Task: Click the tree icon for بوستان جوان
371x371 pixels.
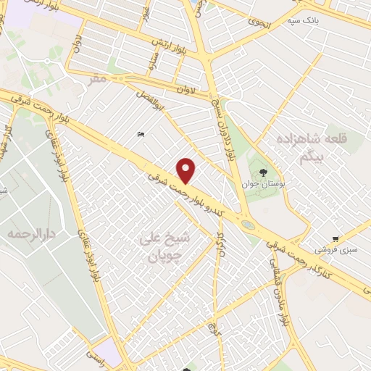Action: (x=262, y=172)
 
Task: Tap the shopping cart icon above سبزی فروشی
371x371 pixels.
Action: (x=335, y=238)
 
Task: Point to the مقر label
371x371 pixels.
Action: (x=98, y=78)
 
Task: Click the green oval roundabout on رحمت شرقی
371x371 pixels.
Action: (x=248, y=225)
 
